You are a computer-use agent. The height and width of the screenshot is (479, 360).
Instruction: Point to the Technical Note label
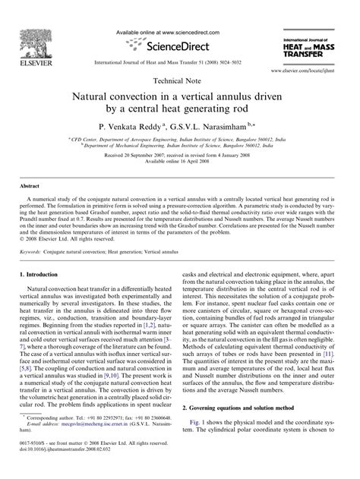coord(180,80)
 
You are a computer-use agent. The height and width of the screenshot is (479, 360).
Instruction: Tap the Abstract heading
coord(30,184)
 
